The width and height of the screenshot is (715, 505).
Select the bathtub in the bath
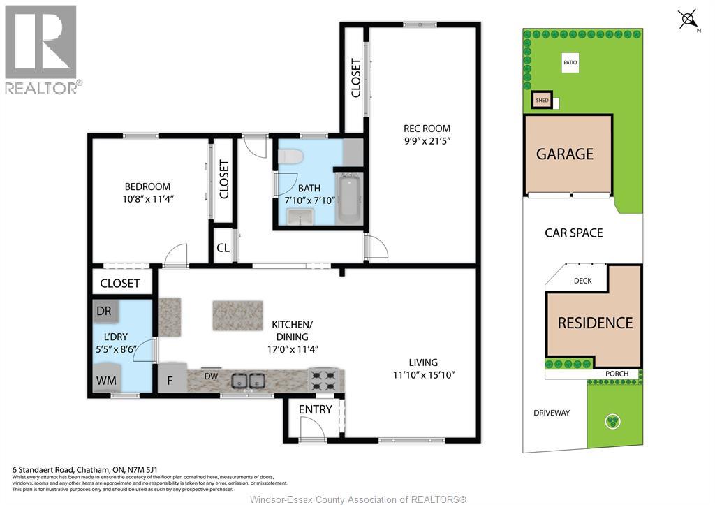tap(348, 199)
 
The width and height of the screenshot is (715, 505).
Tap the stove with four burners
tap(323, 380)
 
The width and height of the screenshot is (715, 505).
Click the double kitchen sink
tap(248, 381)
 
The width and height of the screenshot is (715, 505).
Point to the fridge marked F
tap(170, 381)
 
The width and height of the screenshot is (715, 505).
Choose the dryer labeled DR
tap(104, 310)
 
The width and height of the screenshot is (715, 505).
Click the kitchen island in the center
tap(237, 316)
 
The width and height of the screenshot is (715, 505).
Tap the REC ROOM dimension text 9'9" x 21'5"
tap(427, 142)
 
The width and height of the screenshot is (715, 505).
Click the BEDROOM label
tap(147, 186)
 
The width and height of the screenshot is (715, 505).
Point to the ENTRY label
tap(315, 409)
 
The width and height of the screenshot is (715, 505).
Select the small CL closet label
tap(223, 247)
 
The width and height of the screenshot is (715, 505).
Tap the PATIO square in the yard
tap(570, 64)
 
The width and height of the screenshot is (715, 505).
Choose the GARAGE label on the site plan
tap(564, 154)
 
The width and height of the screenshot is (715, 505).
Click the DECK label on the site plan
tap(582, 281)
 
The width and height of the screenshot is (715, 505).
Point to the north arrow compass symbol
tap(689, 20)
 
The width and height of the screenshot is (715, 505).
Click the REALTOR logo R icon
tap(41, 41)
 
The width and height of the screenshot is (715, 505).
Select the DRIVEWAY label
tap(552, 413)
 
